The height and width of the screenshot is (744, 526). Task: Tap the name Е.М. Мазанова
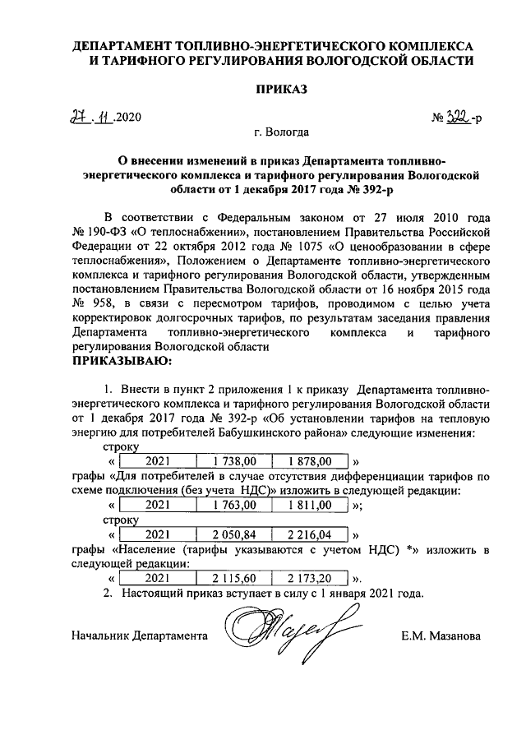coord(441,635)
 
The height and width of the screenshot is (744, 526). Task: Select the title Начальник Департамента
coord(136,635)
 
